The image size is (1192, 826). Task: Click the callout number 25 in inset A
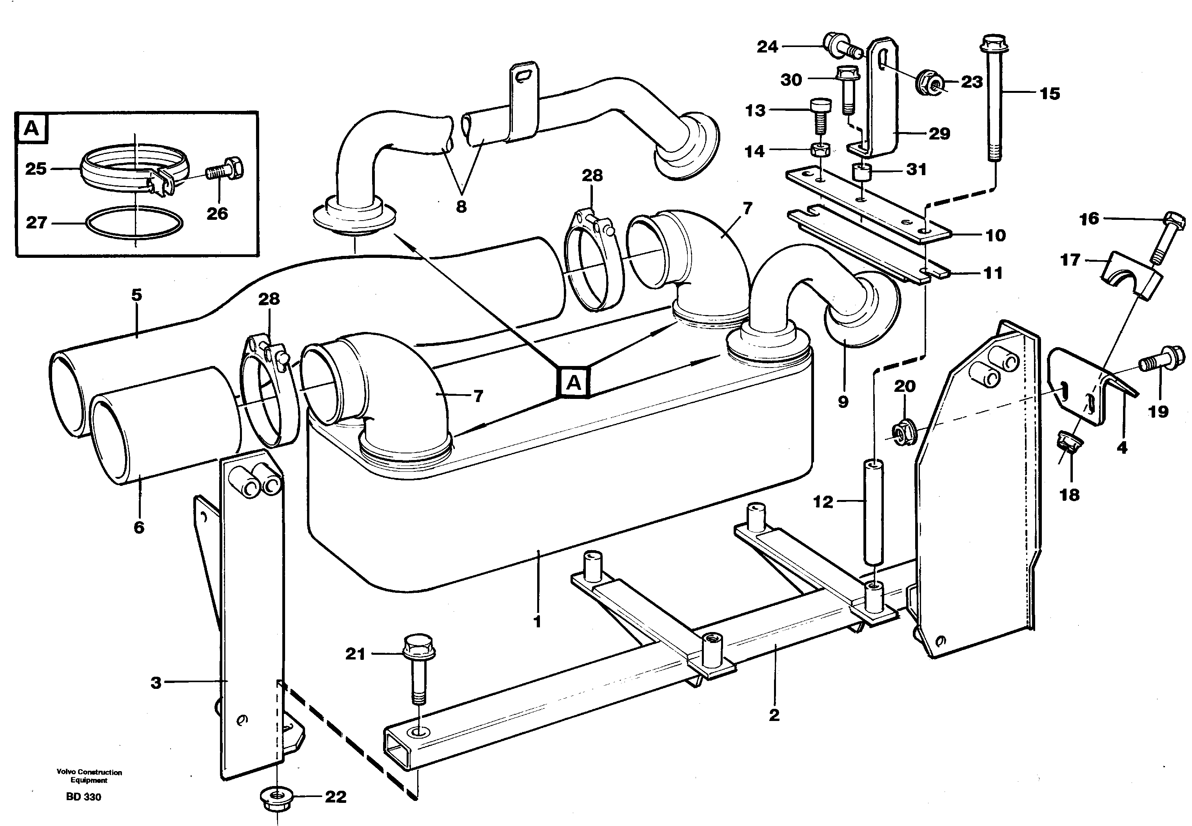tap(36, 169)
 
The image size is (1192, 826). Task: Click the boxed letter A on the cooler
tap(574, 383)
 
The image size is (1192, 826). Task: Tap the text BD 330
tap(84, 797)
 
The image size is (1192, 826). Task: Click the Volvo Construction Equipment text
tap(89, 776)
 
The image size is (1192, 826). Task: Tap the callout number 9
tap(843, 402)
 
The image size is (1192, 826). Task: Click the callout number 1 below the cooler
tap(537, 621)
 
